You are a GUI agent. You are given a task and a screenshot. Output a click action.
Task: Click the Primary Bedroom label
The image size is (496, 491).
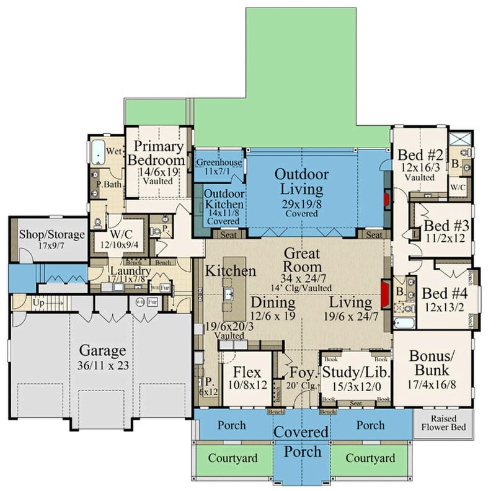point(159,153)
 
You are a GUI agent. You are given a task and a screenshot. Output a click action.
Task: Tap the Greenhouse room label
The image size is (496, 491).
point(218,163)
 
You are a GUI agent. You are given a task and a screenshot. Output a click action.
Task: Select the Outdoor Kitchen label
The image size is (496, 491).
point(224,198)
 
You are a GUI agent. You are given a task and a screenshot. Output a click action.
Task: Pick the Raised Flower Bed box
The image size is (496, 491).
point(443,423)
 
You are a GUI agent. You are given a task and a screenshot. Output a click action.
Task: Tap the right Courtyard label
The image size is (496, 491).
point(370,458)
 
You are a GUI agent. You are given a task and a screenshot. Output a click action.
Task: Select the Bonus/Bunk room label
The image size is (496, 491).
point(432,363)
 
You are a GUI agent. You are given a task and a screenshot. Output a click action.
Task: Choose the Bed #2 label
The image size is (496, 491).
point(420,154)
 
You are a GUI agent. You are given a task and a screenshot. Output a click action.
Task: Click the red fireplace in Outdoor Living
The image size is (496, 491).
point(385,199)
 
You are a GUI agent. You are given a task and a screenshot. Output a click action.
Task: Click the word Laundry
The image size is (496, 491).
point(130,272)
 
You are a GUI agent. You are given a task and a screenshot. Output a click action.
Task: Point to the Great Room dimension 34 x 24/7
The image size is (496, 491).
point(301,277)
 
